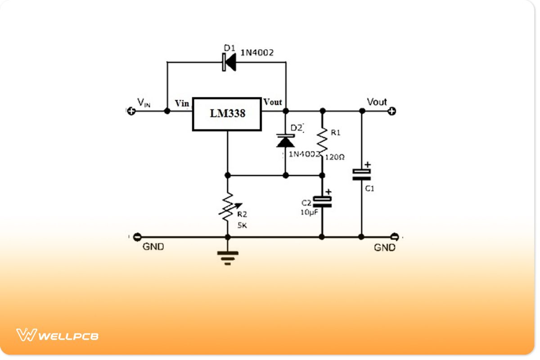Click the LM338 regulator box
[x=227, y=114]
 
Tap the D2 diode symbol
[x=285, y=141]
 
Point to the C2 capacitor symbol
[x=322, y=202]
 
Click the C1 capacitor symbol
[x=361, y=175]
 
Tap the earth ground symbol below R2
[x=228, y=257]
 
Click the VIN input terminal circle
[x=131, y=111]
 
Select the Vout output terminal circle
[x=392, y=111]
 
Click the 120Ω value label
[x=335, y=157]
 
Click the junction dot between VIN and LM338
[x=167, y=111]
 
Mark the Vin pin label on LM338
[x=182, y=103]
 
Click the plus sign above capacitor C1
[x=368, y=165]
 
